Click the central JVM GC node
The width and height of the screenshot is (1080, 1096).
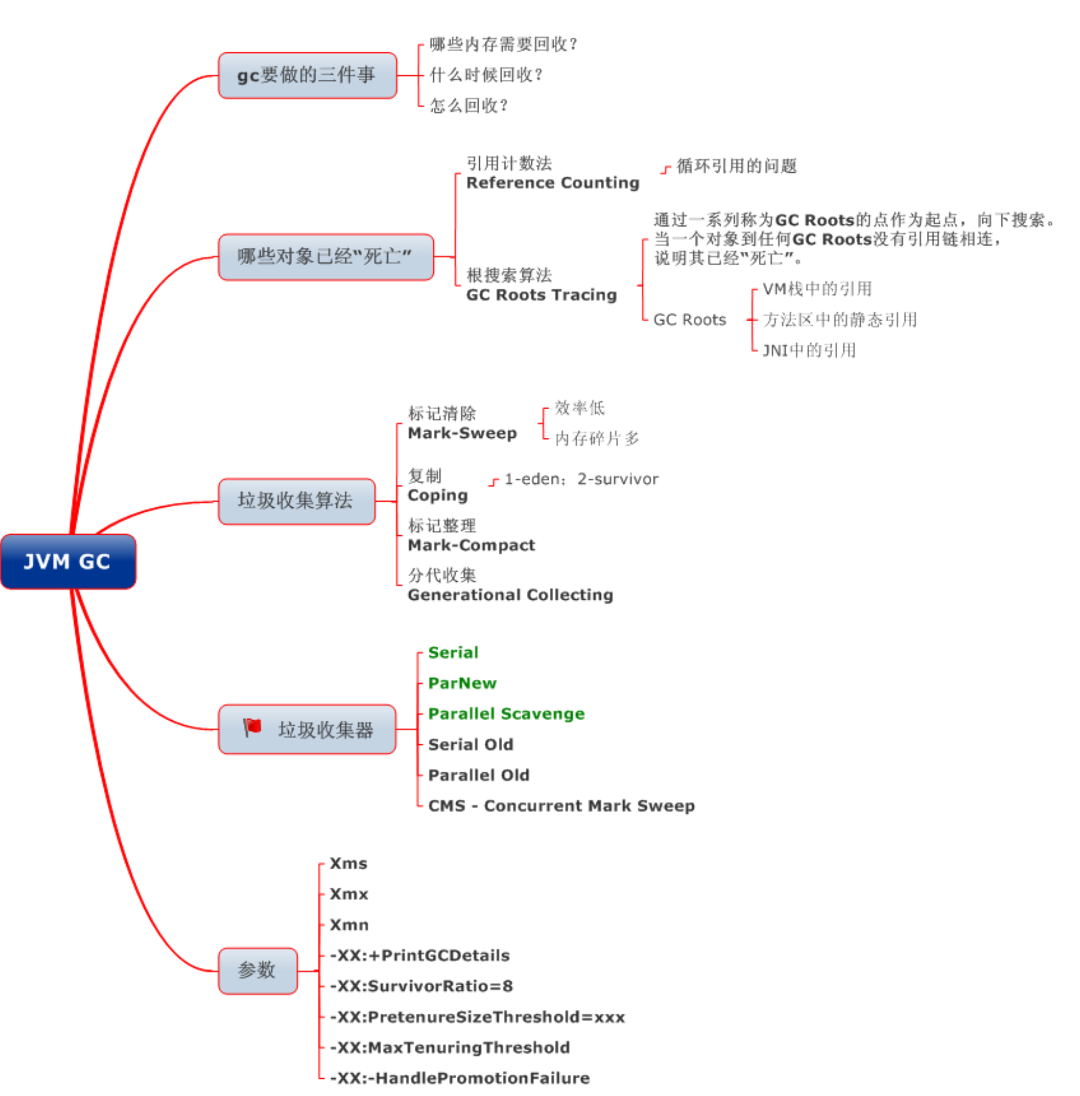(x=68, y=561)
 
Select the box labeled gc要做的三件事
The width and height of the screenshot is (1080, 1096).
(x=307, y=75)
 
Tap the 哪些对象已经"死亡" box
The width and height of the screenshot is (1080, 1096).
(x=325, y=256)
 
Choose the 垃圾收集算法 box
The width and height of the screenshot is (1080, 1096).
(x=296, y=501)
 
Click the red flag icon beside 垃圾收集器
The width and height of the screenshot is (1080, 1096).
(x=252, y=727)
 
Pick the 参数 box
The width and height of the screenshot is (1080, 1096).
(x=257, y=970)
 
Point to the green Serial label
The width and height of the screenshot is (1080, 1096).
(x=453, y=652)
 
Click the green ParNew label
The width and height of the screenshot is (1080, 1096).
(x=462, y=683)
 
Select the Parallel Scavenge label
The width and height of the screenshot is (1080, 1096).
(x=506, y=713)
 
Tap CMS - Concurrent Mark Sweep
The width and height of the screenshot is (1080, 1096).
(x=561, y=806)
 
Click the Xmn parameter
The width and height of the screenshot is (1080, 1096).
(x=349, y=924)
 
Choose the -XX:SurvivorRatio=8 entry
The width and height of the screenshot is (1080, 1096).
(x=421, y=986)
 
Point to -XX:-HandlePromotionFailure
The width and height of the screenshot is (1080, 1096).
(x=460, y=1078)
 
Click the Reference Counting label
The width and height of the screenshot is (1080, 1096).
(x=552, y=182)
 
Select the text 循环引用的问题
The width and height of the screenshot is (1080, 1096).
(x=736, y=166)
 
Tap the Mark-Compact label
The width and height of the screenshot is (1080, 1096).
(x=471, y=545)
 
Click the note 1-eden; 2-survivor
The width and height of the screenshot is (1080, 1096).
(x=581, y=479)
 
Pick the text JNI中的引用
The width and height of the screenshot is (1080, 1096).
(x=809, y=350)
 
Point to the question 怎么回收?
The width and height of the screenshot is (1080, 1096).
(x=468, y=106)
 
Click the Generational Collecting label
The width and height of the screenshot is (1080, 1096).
(x=510, y=595)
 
